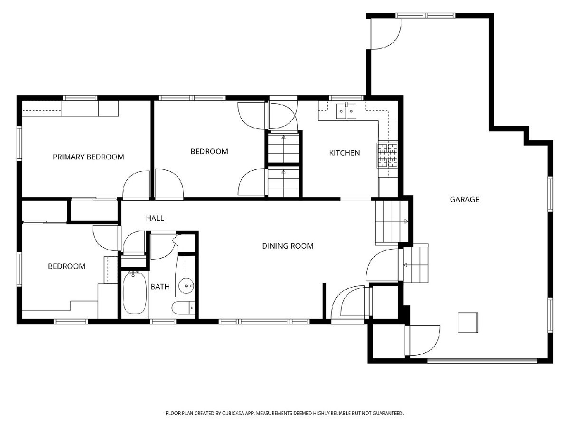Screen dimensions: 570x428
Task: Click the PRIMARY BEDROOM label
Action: click(88, 157)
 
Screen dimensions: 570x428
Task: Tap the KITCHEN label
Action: click(344, 153)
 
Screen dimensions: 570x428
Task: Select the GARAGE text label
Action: click(465, 200)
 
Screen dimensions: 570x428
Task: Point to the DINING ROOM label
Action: click(288, 246)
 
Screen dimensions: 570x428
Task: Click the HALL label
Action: click(155, 218)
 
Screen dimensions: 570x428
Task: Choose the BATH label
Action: click(160, 287)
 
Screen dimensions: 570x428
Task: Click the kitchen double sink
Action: click(346, 111)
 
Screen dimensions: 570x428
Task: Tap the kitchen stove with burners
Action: click(388, 155)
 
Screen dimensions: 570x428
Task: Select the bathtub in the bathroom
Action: click(134, 293)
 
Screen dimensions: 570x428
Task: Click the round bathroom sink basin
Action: click(186, 286)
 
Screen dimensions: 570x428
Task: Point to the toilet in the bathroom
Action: click(183, 308)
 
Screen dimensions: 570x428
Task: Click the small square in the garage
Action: click(468, 322)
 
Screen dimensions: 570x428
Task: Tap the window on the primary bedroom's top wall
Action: click(80, 98)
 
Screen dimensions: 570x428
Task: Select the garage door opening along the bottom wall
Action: click(482, 360)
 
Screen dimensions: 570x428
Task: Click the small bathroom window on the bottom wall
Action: click(163, 322)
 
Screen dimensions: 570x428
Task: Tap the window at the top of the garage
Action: click(425, 16)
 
